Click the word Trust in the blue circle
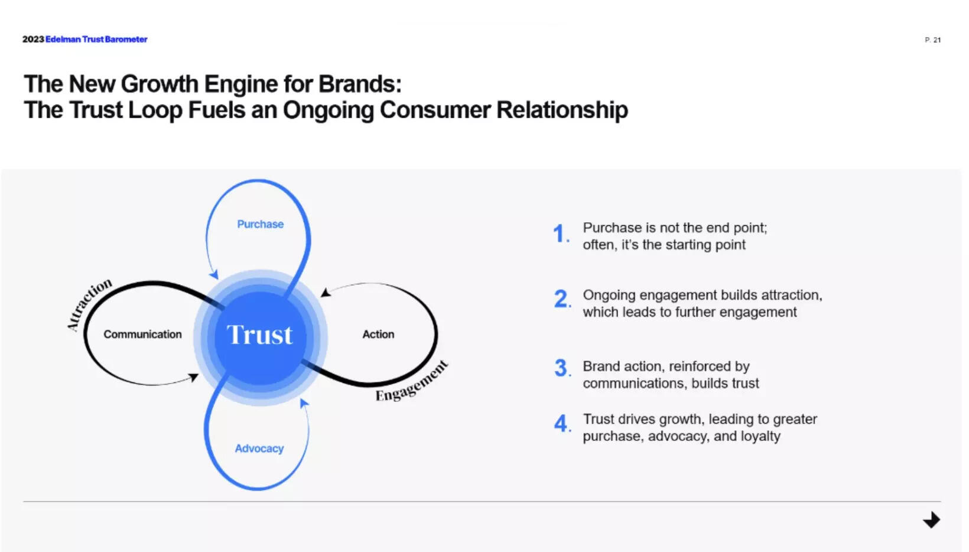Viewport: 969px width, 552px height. [x=259, y=335]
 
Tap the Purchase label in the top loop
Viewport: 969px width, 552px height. [x=260, y=225]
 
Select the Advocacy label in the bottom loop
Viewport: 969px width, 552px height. [x=259, y=449]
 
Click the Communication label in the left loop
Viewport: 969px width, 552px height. [x=142, y=335]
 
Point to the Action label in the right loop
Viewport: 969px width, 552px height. [x=378, y=335]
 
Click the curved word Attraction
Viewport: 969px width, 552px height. [x=88, y=304]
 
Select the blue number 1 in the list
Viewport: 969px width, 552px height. [x=560, y=234]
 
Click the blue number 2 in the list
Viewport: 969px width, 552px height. [x=561, y=299]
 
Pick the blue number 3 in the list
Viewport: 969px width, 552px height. [x=561, y=368]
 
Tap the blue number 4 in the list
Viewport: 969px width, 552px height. [x=561, y=424]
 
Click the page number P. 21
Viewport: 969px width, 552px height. [x=932, y=40]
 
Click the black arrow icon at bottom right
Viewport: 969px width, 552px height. [x=932, y=520]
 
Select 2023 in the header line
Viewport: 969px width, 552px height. [x=33, y=40]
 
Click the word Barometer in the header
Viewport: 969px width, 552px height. [x=126, y=40]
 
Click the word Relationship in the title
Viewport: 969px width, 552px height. [x=562, y=111]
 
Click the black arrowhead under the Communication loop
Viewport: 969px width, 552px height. [x=194, y=377]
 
